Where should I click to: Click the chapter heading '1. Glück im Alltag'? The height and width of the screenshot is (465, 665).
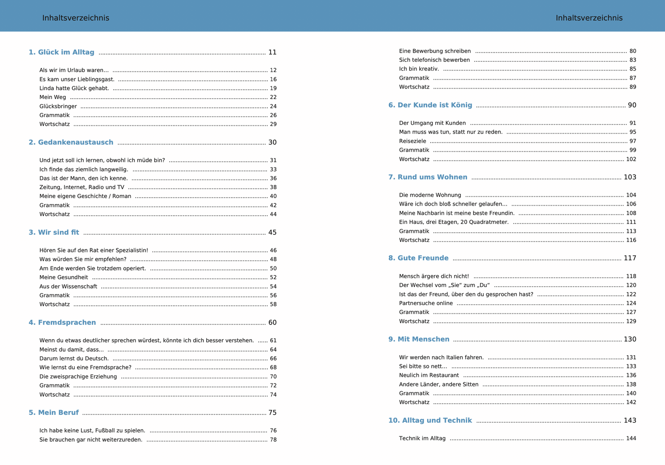[61, 53]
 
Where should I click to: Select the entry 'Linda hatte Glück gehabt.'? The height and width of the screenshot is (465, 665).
[74, 88]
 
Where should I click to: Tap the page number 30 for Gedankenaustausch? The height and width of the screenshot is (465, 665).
[272, 142]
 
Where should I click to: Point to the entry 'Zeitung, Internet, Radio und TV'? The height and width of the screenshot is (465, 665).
[81, 188]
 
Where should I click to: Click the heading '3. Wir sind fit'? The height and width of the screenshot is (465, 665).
[54, 233]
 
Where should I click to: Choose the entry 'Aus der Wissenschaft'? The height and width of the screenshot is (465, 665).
[68, 287]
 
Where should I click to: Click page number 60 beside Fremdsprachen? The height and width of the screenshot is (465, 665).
[272, 323]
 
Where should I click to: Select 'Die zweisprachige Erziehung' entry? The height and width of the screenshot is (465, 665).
[78, 377]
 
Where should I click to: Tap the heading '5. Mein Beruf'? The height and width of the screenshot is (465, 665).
[53, 413]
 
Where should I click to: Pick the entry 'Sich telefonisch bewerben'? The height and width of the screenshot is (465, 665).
[434, 60]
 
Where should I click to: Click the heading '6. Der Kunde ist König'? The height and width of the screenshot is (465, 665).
[430, 106]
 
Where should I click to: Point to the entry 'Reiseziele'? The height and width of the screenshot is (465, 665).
[412, 141]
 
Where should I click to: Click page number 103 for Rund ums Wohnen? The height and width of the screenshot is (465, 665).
[630, 177]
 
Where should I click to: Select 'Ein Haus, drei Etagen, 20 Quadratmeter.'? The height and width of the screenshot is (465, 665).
[454, 222]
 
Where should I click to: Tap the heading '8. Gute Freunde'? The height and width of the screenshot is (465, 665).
[418, 259]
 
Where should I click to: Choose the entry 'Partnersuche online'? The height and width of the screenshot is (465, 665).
[426, 303]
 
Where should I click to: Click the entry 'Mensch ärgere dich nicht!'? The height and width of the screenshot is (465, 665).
[434, 277]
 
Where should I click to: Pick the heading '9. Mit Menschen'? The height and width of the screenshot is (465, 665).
[419, 340]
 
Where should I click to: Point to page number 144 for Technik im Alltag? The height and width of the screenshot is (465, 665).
[631, 439]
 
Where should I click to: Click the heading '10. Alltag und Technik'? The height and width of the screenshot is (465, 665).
[430, 421]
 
